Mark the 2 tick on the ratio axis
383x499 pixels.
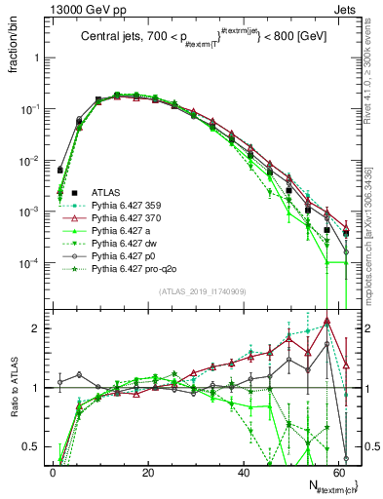click(39, 328)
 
